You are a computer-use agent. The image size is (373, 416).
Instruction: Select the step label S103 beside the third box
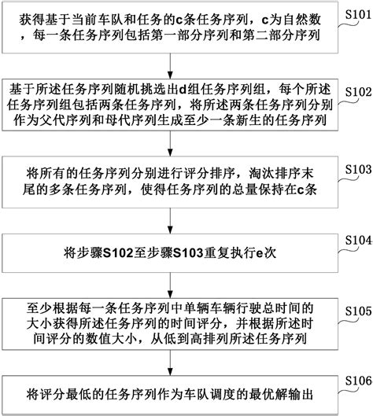[355, 169]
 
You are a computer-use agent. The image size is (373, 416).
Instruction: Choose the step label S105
[355, 310]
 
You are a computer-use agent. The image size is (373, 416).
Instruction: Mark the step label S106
[355, 381]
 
